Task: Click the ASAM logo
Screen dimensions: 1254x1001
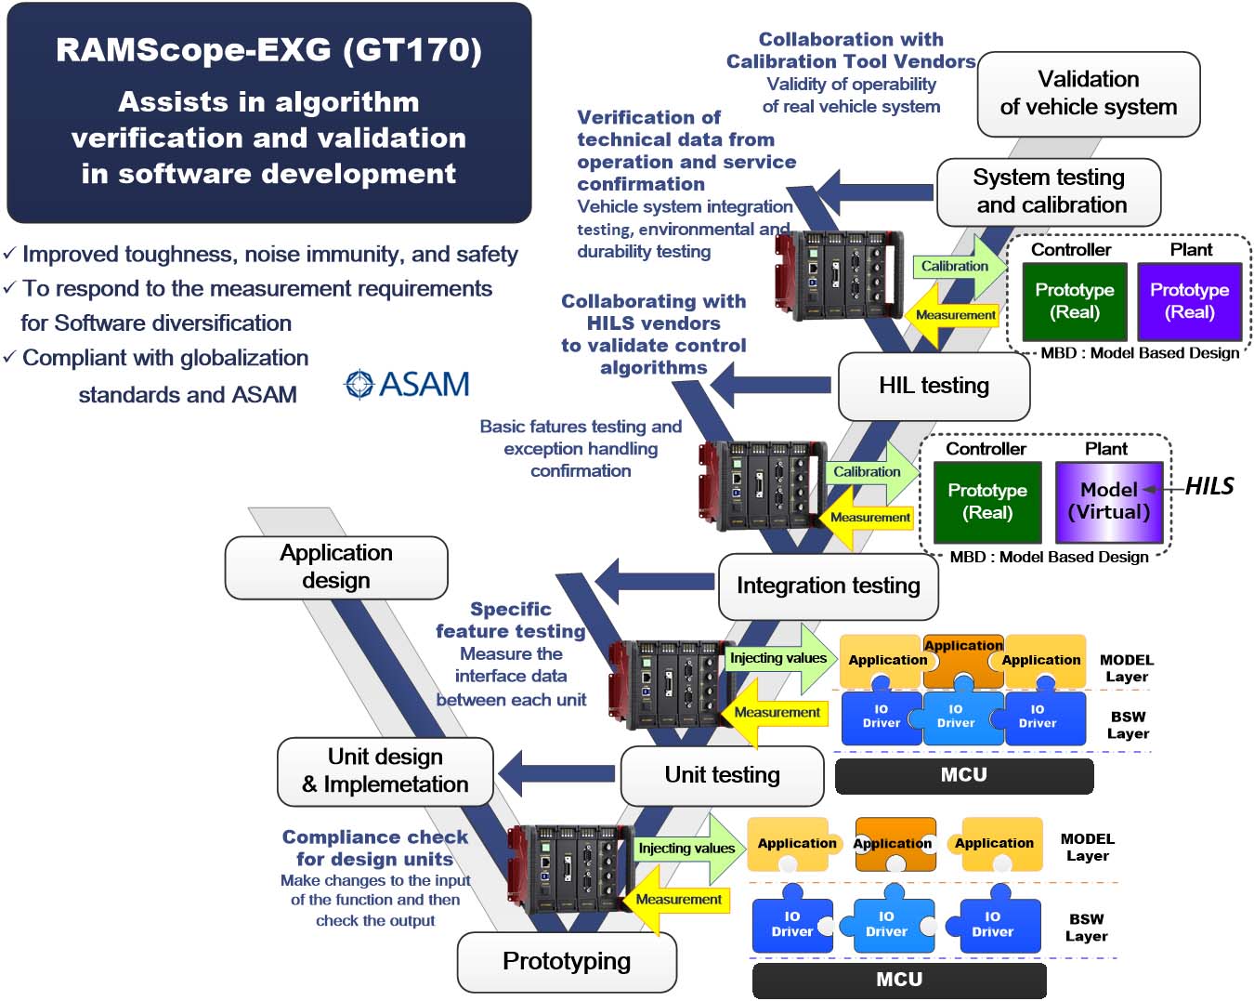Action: [407, 384]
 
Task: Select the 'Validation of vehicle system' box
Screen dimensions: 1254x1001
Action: [1088, 94]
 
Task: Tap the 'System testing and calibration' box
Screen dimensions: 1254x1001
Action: [1049, 191]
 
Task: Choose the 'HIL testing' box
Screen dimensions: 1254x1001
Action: [934, 386]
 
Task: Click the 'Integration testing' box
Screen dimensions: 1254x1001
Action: [828, 586]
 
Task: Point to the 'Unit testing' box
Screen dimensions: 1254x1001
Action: [722, 775]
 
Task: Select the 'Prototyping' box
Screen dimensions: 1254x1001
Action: [567, 961]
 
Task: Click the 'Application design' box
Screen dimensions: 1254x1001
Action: [336, 567]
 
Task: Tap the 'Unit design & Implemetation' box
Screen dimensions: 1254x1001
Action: [385, 771]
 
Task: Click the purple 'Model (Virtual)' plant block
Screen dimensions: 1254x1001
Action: [1109, 501]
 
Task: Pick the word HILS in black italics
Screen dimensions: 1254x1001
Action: [1209, 486]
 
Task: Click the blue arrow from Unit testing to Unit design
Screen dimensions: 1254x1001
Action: [556, 773]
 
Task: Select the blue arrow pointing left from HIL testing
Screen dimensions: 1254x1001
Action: [770, 385]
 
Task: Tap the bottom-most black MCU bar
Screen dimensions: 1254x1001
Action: [898, 980]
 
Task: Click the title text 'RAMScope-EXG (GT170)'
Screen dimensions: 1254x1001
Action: [268, 50]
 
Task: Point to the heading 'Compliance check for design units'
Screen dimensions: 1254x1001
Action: [374, 848]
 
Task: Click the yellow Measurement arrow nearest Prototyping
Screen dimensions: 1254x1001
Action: [677, 900]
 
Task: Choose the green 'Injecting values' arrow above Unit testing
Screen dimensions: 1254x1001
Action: [781, 658]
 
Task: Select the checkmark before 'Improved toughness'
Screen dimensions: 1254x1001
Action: [9, 253]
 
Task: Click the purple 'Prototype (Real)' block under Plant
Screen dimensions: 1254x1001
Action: [1189, 301]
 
